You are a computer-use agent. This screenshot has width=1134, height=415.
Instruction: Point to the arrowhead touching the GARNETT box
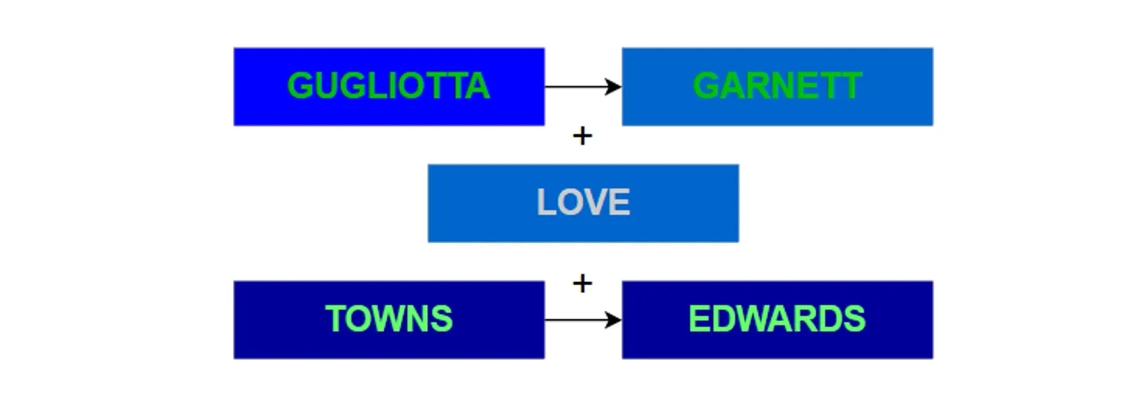pyautogui.click(x=614, y=86)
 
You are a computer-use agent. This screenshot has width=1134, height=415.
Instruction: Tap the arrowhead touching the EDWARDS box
pyautogui.click(x=614, y=319)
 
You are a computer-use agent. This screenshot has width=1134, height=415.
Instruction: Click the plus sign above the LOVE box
pyautogui.click(x=582, y=137)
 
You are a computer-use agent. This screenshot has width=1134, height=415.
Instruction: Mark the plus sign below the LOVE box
pyautogui.click(x=582, y=284)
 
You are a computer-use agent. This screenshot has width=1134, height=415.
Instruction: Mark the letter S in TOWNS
pyautogui.click(x=442, y=319)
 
